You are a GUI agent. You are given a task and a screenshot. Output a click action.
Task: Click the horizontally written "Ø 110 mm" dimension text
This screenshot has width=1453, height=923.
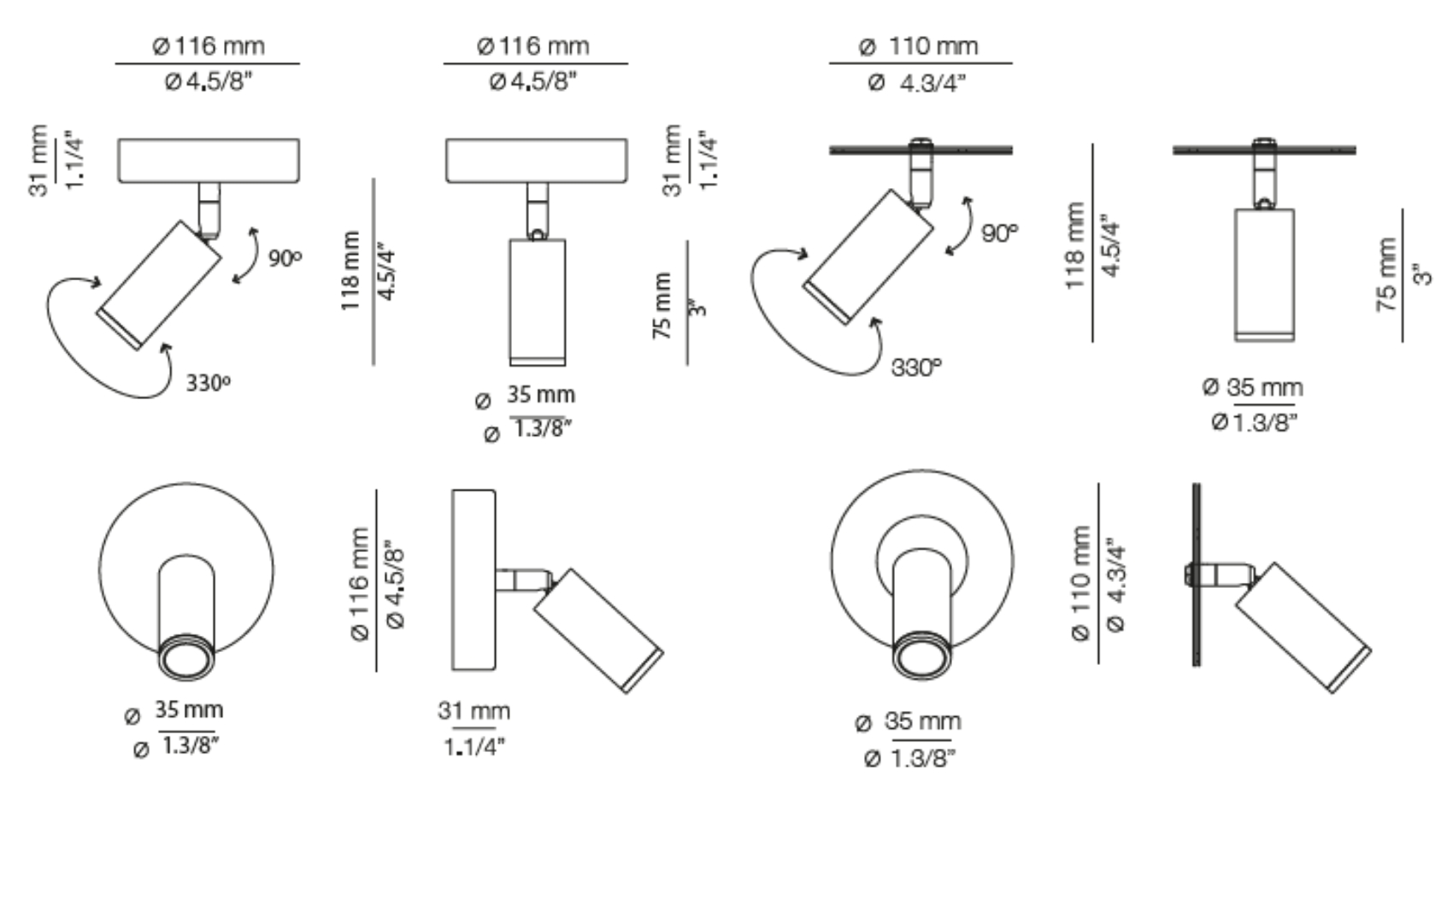[x=919, y=47]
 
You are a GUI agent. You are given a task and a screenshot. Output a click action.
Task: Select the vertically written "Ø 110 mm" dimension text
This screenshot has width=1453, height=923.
[x=1079, y=583]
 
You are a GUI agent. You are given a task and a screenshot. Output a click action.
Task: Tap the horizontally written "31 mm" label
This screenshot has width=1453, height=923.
[x=474, y=711]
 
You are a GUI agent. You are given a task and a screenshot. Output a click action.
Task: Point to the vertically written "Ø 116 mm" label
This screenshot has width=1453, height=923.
[x=360, y=584]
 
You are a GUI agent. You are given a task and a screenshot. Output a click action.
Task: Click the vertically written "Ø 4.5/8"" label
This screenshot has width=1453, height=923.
[x=395, y=584]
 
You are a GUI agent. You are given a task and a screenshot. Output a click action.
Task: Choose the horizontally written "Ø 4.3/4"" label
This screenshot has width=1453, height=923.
[x=916, y=83]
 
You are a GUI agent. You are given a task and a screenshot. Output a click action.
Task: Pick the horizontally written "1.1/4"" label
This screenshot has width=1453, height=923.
[x=474, y=747]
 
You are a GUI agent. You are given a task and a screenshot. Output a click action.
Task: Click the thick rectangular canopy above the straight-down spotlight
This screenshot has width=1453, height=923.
[x=537, y=160]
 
